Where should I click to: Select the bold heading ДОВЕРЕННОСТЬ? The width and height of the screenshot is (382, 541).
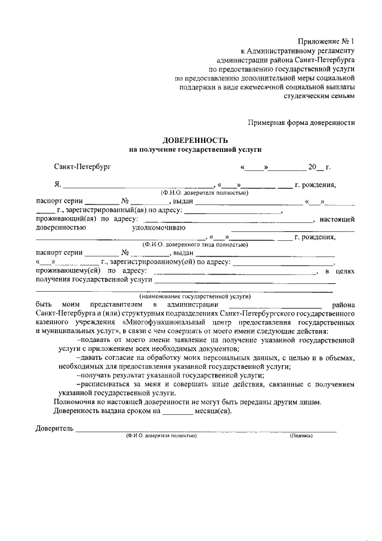pyautogui.click(x=195, y=139)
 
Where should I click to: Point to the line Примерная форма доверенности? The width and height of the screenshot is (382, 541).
pyautogui.click(x=301, y=123)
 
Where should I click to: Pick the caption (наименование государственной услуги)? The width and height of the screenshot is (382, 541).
pyautogui.click(x=195, y=296)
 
